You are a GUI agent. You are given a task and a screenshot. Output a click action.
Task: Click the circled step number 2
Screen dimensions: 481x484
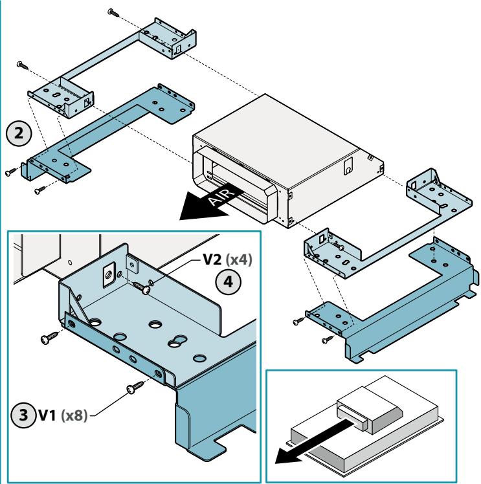[19, 133]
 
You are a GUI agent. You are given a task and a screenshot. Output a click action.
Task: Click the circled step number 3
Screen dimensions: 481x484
[23, 415]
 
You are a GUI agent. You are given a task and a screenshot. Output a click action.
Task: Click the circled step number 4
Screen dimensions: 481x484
[228, 281]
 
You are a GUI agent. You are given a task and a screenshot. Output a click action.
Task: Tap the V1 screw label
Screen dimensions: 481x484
[47, 415]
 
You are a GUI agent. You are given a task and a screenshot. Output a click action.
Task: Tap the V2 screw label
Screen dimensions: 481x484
[212, 259]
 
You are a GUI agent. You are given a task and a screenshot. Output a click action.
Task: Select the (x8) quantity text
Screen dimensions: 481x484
[74, 415]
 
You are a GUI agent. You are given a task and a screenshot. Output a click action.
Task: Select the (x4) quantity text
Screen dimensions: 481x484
[239, 259]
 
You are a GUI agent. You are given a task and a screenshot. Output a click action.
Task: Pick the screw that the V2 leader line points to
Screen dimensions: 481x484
[142, 287]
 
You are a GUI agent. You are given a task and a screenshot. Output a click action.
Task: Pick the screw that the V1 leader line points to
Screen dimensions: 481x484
[135, 387]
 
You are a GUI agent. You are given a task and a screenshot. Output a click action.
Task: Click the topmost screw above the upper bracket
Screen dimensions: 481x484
[113, 13]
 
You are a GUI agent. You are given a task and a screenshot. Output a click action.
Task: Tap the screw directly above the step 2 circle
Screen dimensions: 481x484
[23, 65]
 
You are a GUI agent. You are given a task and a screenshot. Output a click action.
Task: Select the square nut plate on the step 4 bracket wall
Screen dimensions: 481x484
[109, 274]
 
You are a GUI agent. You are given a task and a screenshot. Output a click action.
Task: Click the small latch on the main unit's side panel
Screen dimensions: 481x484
[348, 166]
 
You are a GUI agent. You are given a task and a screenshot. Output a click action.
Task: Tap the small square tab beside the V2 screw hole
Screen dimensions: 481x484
[132, 264]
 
